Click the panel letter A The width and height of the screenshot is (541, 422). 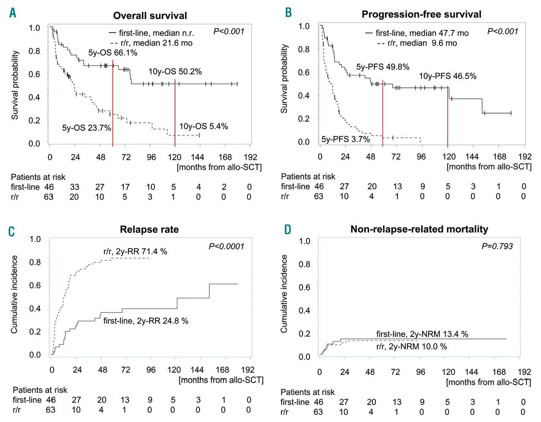coord(13,13)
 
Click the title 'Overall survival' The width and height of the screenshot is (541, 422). coord(150,16)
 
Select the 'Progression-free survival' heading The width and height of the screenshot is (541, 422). coord(421,14)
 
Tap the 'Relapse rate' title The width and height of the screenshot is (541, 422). coord(149,230)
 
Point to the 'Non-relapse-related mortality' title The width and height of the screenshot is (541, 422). coord(419,229)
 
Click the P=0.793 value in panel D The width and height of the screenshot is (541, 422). coord(497,246)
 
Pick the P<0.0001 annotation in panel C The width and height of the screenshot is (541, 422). coord(227,246)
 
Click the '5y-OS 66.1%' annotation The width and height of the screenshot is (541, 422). coord(112,53)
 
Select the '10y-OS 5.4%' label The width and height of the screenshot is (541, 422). coord(203,126)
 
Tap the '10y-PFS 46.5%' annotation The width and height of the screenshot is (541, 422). coord(447,76)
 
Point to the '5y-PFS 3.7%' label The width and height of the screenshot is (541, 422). coord(345,139)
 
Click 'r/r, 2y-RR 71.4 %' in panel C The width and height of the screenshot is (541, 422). coord(135,252)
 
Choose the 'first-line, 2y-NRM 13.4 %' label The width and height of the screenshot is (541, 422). coord(422,334)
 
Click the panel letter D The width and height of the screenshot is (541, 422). coord(287,229)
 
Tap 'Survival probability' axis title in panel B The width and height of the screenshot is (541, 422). coord(284,79)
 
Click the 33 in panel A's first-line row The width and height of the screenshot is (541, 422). coord(74,187)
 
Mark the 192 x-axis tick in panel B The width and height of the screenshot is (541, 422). coord(525,157)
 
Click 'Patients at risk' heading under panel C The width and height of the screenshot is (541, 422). coord(40,390)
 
